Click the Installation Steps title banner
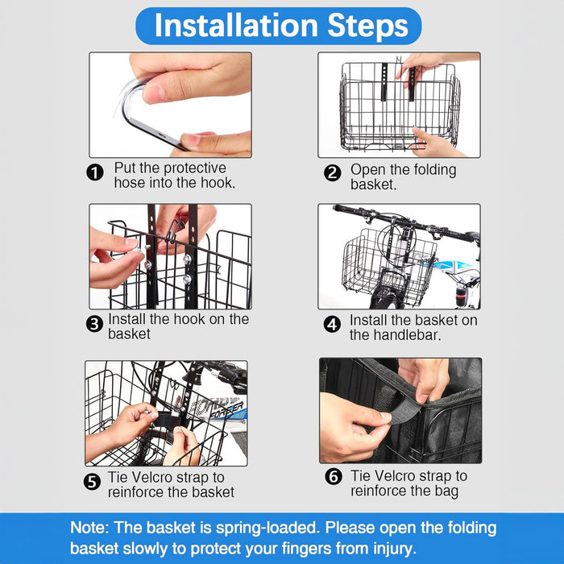279,26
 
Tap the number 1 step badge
95,172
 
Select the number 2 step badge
332,173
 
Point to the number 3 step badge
94,324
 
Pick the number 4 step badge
332,325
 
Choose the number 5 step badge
92,482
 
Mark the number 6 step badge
334,477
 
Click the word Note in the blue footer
89,528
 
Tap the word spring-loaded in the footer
267,529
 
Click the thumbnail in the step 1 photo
155,93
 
